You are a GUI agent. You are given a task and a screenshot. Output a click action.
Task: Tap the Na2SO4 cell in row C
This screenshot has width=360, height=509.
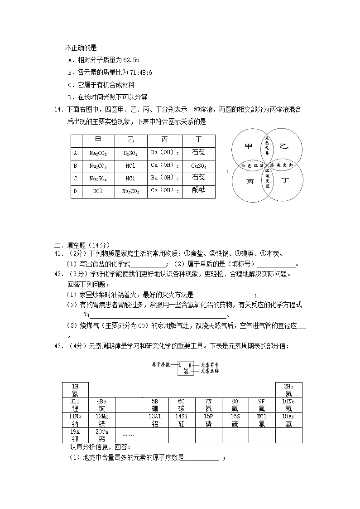point(98,178)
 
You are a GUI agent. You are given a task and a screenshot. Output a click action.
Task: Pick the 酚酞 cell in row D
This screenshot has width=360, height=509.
point(198,191)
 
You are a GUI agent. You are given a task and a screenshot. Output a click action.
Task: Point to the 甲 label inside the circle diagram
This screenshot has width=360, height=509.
point(248,146)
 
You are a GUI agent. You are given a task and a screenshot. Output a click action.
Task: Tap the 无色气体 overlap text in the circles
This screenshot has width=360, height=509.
point(267,146)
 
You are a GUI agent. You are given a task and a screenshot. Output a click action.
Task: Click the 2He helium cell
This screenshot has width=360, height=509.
point(289,390)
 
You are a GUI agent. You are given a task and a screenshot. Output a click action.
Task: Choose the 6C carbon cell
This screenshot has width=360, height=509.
point(182,405)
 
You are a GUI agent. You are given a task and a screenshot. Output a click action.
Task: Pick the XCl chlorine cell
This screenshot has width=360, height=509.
point(262,420)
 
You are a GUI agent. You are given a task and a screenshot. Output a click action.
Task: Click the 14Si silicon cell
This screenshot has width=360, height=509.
point(182,420)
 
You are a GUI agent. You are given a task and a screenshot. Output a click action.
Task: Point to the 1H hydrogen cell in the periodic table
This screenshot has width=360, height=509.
point(75,390)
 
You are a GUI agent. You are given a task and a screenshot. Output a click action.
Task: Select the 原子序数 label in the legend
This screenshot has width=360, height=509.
point(162,364)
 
